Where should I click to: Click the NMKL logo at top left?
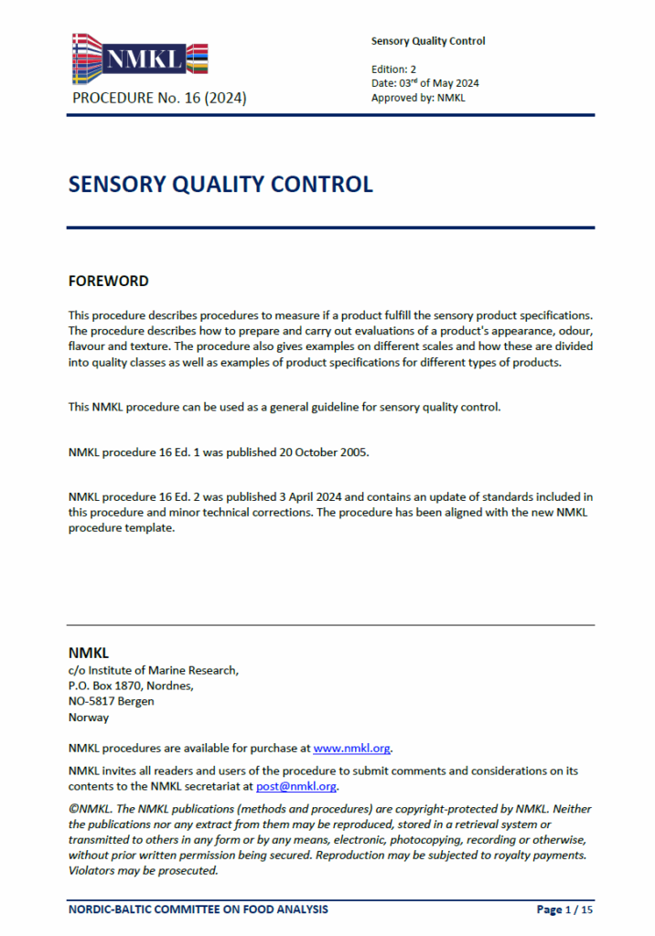pos(139,59)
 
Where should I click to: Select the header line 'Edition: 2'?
pos(393,69)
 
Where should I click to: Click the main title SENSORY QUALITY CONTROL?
pos(220,184)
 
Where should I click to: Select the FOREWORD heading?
pos(108,281)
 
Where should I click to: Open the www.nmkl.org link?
pos(352,748)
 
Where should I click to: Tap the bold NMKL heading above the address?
pos(89,653)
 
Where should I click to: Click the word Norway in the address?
pos(89,718)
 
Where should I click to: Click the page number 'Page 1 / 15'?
pos(564,909)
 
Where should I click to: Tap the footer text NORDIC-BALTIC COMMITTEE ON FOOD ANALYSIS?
pos(199,909)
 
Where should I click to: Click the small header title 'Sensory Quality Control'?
pos(428,41)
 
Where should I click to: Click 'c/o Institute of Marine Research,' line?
pos(154,670)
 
